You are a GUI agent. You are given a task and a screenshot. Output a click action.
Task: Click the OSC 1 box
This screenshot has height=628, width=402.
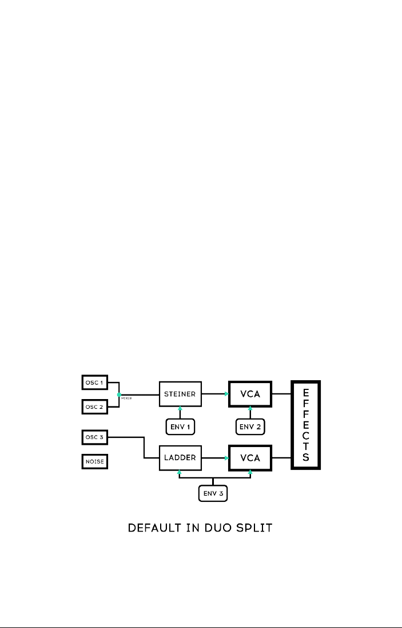[94, 382]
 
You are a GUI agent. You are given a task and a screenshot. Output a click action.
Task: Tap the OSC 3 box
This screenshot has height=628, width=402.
[94, 438]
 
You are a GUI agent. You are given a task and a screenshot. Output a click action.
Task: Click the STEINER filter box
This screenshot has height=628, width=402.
[180, 394]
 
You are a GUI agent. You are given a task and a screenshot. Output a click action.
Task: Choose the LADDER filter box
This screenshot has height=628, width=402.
[180, 458]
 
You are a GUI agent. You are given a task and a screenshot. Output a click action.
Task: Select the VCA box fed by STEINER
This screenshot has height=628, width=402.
[250, 394]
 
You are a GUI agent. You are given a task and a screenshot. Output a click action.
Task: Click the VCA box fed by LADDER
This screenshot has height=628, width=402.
[250, 458]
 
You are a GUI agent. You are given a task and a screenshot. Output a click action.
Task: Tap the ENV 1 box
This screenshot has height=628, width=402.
[180, 426]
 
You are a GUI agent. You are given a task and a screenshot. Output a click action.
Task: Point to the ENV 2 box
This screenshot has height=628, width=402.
[250, 426]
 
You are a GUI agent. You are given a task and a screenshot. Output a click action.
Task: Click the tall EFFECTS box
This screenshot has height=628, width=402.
[305, 425]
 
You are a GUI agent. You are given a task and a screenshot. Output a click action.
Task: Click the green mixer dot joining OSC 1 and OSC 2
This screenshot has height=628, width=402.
[119, 394]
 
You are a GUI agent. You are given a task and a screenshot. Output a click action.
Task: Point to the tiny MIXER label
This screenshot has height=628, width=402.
[127, 398]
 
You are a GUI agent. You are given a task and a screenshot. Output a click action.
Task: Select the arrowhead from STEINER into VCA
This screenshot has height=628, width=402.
[226, 394]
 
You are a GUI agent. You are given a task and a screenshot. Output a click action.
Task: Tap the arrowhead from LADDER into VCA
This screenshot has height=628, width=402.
[226, 458]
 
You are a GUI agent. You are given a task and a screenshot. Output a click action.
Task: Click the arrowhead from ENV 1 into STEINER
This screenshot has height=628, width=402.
[180, 409]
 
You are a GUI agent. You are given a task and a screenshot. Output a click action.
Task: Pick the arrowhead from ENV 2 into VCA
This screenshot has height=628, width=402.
[250, 409]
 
